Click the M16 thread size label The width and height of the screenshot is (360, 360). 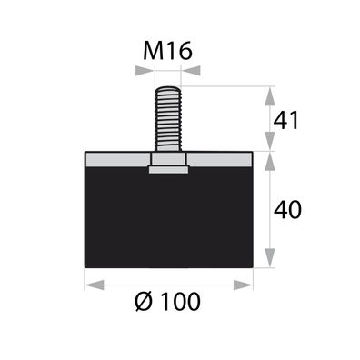pyautogui.click(x=168, y=52)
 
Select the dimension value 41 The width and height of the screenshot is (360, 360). pyautogui.click(x=286, y=118)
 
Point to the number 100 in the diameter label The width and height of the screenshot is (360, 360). pyautogui.click(x=184, y=300)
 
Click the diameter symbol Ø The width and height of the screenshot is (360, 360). pyautogui.click(x=145, y=300)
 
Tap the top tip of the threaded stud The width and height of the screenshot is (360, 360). pyautogui.click(x=168, y=88)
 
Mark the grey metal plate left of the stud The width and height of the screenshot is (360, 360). pyautogui.click(x=115, y=159)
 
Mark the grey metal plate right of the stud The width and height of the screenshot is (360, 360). pyautogui.click(x=221, y=159)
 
